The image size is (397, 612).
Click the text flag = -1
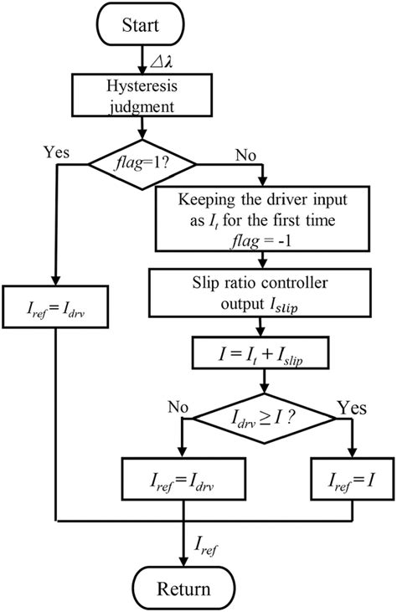265,238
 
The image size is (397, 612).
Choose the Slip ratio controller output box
265,289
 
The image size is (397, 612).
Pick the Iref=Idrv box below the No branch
183,480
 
